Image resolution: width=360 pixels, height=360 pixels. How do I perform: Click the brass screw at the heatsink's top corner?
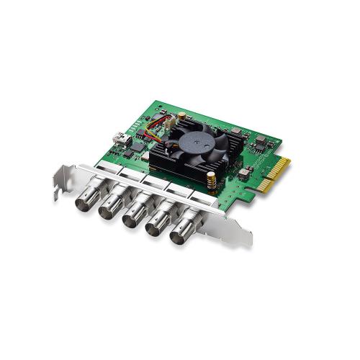click(x=183, y=115)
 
